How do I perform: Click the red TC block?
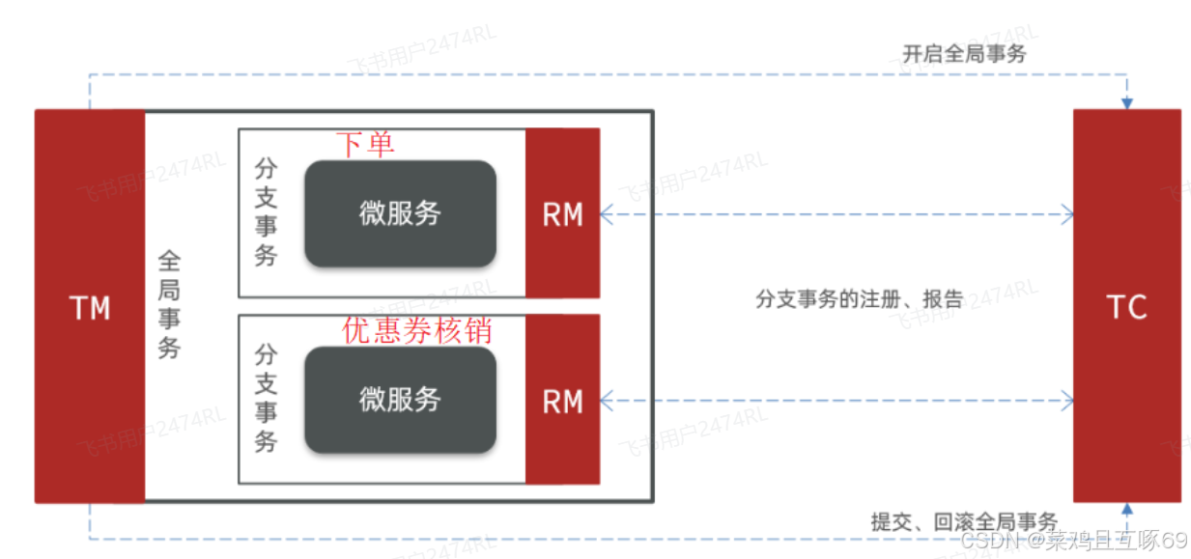[x=1126, y=405]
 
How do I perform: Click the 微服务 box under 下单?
[x=400, y=213]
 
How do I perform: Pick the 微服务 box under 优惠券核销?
[x=400, y=399]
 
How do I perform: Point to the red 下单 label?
[x=365, y=145]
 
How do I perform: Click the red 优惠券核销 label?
[x=417, y=330]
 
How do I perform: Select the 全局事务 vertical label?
[x=169, y=304]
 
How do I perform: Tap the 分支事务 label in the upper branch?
[x=266, y=212]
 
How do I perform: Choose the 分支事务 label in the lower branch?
[x=266, y=398]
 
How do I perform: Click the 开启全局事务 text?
[x=964, y=54]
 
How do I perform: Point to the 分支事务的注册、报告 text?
[x=859, y=298]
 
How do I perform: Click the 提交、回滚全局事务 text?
[x=964, y=521]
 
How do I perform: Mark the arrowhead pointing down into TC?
[x=1126, y=102]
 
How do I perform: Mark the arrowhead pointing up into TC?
[x=1126, y=509]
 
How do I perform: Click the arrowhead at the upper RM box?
[x=606, y=213]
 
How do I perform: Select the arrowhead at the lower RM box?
[x=606, y=399]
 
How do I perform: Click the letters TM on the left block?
[x=90, y=308]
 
